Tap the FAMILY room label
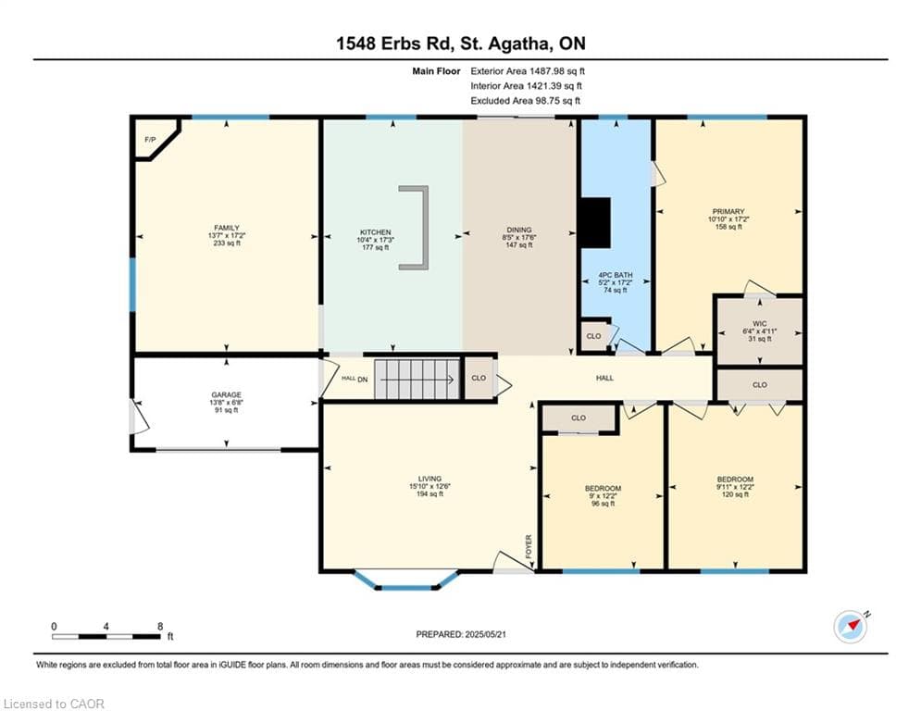[x=227, y=228]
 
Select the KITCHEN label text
[x=375, y=232]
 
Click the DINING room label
[x=519, y=230]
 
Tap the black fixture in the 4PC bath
[x=595, y=223]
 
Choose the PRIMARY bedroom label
[x=728, y=211]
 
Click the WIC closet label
[x=759, y=324]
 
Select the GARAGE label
[x=227, y=395]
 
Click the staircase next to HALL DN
[x=417, y=380]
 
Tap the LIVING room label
[x=430, y=479]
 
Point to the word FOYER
[x=529, y=546]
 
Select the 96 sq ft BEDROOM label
[x=603, y=488]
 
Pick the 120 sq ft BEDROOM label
[x=735, y=479]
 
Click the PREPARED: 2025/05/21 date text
[x=461, y=634]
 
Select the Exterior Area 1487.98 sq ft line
[x=528, y=71]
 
